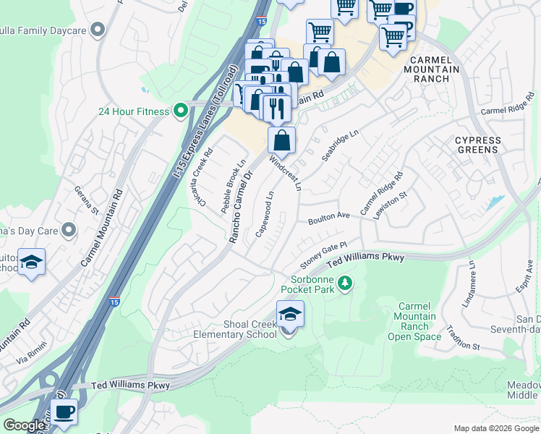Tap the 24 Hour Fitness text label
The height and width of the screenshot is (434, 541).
134,111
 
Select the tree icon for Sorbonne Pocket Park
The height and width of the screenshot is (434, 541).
346,282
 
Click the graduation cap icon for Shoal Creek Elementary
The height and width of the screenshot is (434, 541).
290,315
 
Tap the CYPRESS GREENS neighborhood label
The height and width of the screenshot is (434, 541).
477,145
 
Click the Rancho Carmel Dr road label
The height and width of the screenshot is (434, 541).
241,206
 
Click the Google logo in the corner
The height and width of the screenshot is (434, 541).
24,425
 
